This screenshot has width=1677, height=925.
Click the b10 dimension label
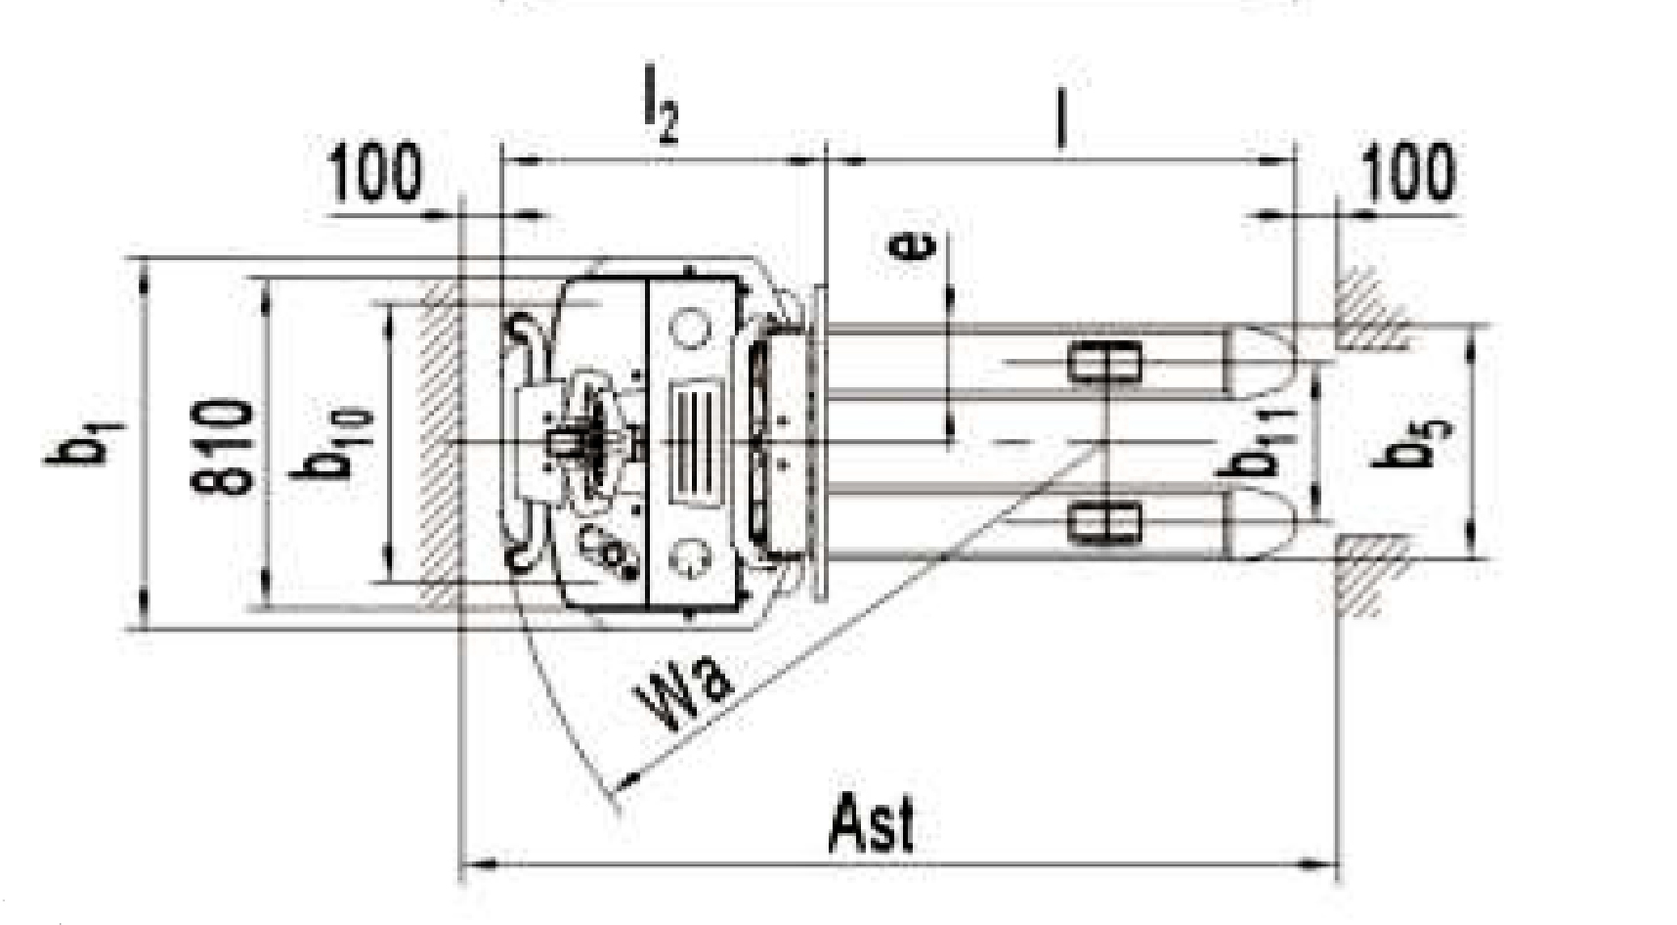point(339,446)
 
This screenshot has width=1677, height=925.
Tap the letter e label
point(915,246)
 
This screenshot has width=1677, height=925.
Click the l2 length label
point(660,114)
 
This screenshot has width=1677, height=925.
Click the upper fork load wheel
point(1103,363)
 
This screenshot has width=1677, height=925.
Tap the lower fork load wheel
point(1103,523)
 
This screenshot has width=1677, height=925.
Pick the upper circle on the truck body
point(690,329)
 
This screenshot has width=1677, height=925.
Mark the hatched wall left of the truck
point(439,441)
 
